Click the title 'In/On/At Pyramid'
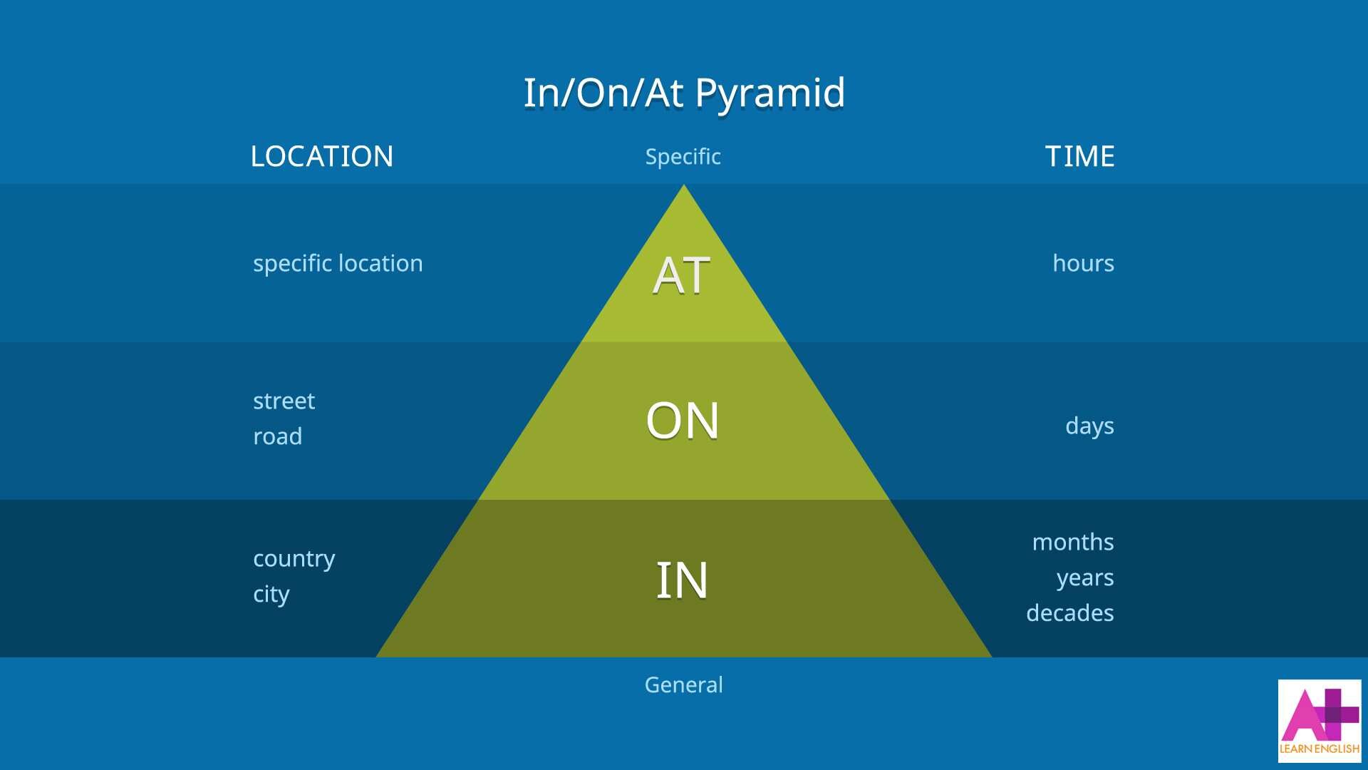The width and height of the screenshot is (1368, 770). pos(684,93)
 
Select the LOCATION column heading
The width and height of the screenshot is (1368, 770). pos(321,156)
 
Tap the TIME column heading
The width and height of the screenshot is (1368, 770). pos(1079,156)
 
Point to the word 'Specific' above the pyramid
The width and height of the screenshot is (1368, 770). pos(683,156)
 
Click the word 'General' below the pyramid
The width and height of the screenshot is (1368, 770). pos(683,684)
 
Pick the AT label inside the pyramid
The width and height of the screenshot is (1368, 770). pos(681,275)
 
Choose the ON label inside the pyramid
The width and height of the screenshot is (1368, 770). pos(682,421)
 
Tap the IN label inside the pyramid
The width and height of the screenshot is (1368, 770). pos(682,580)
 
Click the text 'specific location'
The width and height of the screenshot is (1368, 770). pos(338,264)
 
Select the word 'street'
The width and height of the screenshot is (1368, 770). pos(284,401)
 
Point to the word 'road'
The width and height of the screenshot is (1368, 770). pos(277,436)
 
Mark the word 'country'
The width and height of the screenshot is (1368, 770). pos(294,559)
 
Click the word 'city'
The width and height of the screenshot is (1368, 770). pos(271,595)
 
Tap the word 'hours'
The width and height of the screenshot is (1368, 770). pos(1083,264)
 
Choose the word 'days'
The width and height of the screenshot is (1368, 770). pos(1089,426)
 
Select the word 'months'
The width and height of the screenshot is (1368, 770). pos(1072,543)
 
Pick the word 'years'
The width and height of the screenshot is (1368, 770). pos(1084,578)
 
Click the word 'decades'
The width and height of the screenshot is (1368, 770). pos(1069,613)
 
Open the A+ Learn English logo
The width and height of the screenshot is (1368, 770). pos(1319,720)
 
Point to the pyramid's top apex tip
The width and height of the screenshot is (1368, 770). pos(684,187)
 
